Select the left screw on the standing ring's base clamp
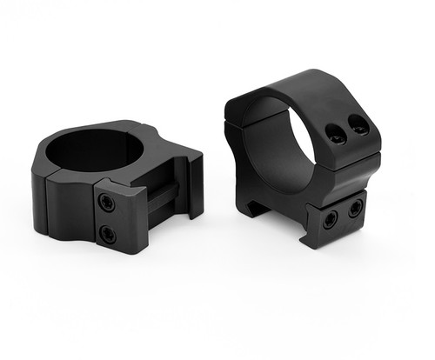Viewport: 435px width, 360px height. (330, 218)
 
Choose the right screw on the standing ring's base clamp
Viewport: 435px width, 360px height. (354, 209)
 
